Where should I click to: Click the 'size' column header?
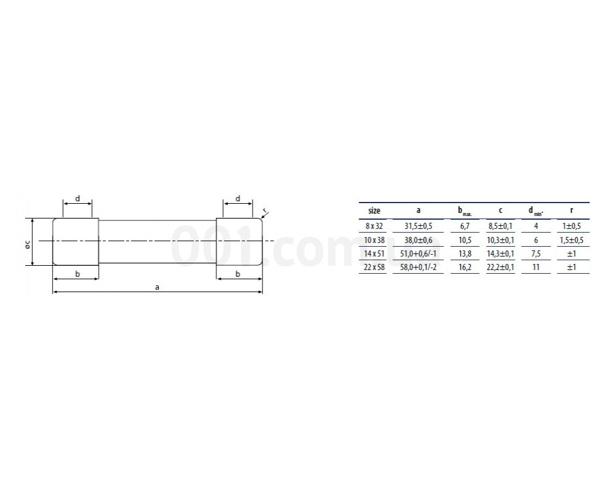(374, 211)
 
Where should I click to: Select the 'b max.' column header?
(465, 211)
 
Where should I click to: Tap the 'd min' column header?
(536, 211)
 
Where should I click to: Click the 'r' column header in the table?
(571, 211)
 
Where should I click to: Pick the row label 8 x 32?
(374, 226)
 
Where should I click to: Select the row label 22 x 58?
(374, 268)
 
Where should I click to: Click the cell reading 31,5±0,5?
(418, 226)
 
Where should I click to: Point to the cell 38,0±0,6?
(418, 240)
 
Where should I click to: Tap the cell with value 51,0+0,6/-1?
(418, 253)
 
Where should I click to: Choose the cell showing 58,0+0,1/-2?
(418, 268)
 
